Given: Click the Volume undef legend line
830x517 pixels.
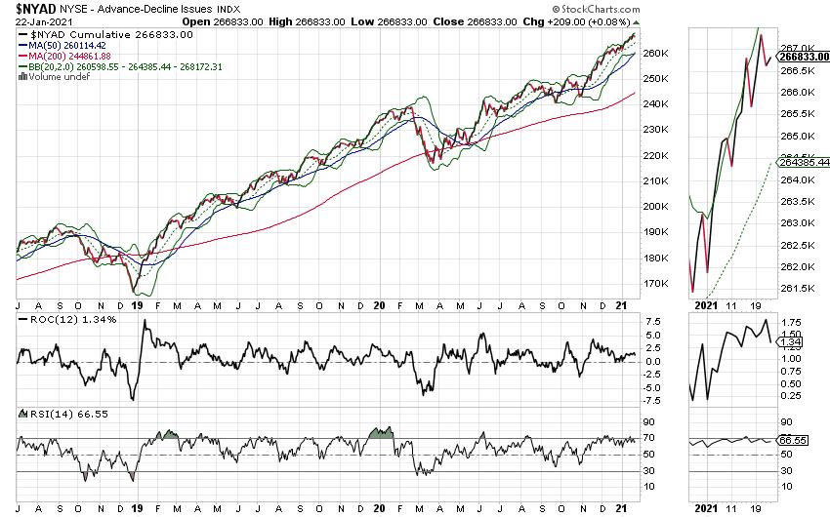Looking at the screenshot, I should click(50, 76).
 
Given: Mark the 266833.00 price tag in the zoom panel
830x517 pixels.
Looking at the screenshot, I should click(806, 57).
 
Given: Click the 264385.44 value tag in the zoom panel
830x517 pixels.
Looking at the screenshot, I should click(806, 162).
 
